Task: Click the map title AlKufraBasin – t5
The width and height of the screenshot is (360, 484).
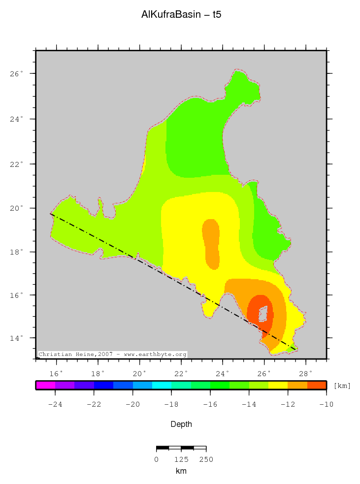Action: (181, 15)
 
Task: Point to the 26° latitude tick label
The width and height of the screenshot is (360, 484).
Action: (16, 74)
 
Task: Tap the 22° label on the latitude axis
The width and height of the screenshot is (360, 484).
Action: (16, 164)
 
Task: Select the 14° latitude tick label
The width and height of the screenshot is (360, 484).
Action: (16, 338)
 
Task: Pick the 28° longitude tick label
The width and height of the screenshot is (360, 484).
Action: (305, 373)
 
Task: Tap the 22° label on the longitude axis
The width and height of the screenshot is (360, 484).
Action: (181, 373)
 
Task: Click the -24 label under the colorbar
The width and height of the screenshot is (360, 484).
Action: (55, 405)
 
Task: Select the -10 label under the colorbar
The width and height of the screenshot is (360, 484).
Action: (326, 405)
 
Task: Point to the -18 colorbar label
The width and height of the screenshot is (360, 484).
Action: (171, 405)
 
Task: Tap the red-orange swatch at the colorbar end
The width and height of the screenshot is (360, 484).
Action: (317, 386)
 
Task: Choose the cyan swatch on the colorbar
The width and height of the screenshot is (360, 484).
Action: (162, 386)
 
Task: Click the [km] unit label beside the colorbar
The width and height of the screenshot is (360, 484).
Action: (342, 386)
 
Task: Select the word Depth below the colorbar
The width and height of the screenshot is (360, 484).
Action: (181, 424)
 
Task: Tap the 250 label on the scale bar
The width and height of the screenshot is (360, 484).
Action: (206, 459)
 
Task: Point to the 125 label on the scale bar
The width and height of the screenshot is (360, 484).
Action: (181, 459)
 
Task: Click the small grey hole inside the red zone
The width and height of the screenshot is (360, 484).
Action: (263, 313)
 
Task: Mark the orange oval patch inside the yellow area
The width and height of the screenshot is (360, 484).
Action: (211, 242)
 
